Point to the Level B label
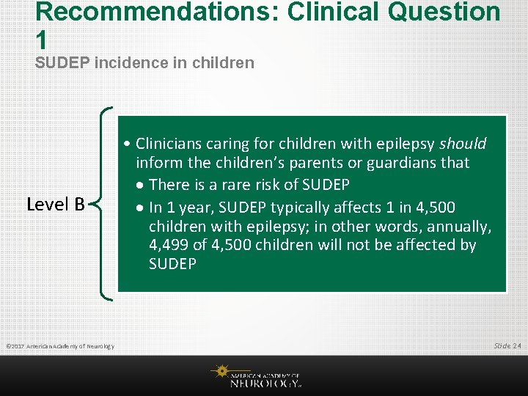tap(56, 204)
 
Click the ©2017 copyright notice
tap(59, 346)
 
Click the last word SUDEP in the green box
tap(172, 264)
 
